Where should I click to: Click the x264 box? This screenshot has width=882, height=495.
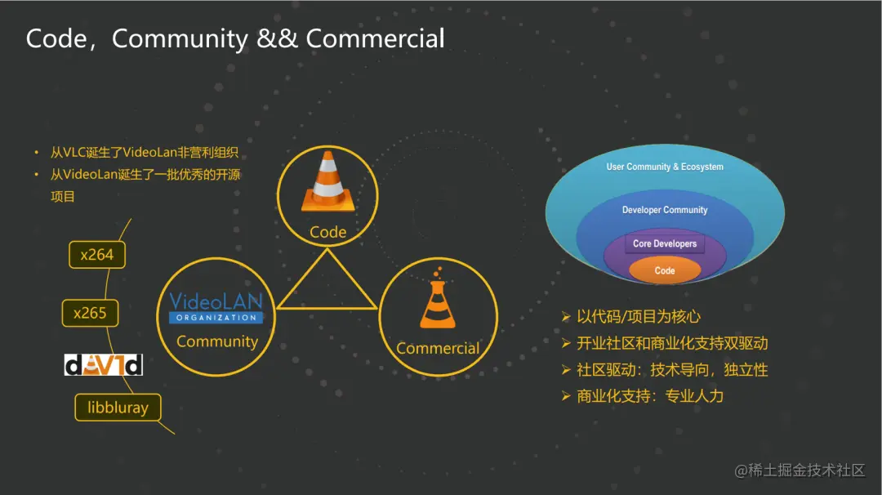[x=97, y=255]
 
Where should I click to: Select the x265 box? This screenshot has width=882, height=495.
[x=90, y=313]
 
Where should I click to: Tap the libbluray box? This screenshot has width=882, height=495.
[x=118, y=407]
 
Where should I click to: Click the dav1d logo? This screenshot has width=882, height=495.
[x=104, y=364]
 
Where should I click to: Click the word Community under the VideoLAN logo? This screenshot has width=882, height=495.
[x=217, y=341]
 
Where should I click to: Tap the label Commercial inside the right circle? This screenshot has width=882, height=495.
[x=438, y=349]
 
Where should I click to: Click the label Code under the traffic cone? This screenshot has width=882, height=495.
[x=327, y=232]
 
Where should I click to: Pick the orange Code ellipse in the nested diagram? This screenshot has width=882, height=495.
[x=665, y=270]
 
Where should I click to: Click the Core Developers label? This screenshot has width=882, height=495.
[x=665, y=243]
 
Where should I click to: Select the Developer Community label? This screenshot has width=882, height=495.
[x=665, y=210]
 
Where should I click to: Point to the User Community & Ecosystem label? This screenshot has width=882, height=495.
[x=665, y=167]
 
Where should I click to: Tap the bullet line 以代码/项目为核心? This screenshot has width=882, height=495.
[x=638, y=317]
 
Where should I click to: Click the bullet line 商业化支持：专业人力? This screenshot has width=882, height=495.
[x=649, y=396]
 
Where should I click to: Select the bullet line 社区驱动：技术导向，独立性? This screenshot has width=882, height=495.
[x=671, y=370]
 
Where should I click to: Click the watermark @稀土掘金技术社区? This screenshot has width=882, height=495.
[x=800, y=470]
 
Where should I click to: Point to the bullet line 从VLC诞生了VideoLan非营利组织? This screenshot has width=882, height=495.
[x=149, y=153]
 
